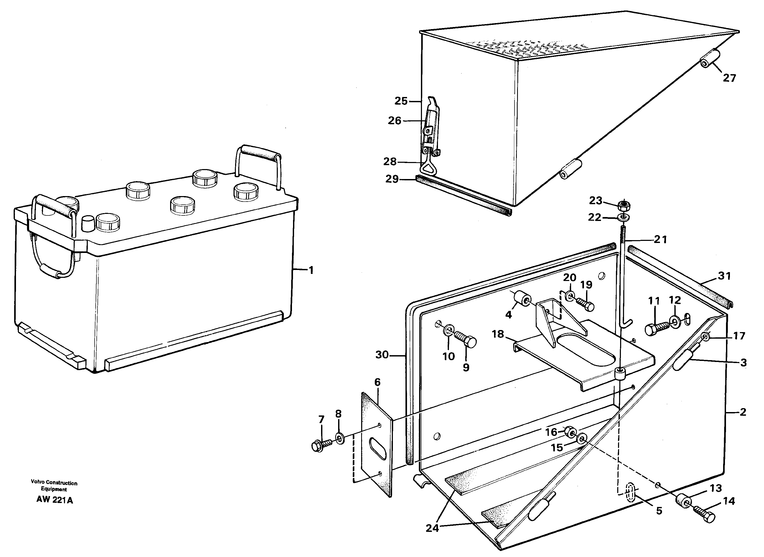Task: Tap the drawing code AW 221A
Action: pos(55,500)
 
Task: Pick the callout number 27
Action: pos(729,78)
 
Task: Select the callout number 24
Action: pos(432,528)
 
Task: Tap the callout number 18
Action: pos(498,334)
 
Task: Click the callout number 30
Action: pos(382,355)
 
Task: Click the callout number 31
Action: pos(724,276)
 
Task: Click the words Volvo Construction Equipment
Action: pos(54,486)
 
